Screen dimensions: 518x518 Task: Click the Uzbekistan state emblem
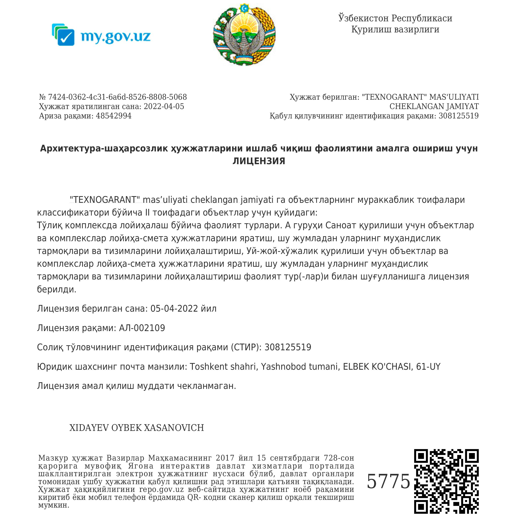pyautogui.click(x=244, y=34)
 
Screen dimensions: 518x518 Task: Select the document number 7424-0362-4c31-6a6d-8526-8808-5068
pyautogui.click(x=117, y=97)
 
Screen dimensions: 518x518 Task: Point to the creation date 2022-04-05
pyautogui.click(x=164, y=107)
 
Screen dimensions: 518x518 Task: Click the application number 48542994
pyautogui.click(x=113, y=116)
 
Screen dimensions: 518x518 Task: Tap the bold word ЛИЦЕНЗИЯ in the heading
pyautogui.click(x=259, y=161)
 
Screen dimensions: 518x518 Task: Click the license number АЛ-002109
pyautogui.click(x=142, y=328)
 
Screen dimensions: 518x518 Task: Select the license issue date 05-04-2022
pyautogui.click(x=174, y=309)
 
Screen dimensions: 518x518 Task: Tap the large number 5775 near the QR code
pyautogui.click(x=388, y=481)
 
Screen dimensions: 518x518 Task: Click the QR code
pyautogui.click(x=446, y=481)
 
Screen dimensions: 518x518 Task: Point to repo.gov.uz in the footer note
pyautogui.click(x=161, y=489)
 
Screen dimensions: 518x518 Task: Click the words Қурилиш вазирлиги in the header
pyautogui.click(x=395, y=29)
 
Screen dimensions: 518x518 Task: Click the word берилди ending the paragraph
pyautogui.click(x=56, y=289)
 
